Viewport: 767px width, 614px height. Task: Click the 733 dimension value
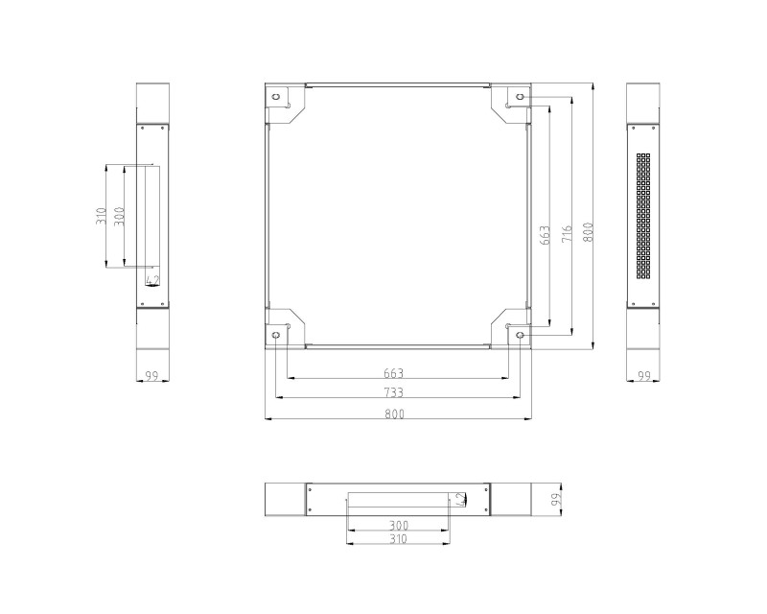[x=394, y=392]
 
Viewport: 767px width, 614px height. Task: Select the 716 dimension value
[x=567, y=234]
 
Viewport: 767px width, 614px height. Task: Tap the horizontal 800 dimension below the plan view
[x=394, y=413]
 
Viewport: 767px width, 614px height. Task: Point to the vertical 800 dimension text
[x=588, y=232]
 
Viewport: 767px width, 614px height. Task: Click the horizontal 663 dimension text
[x=394, y=373]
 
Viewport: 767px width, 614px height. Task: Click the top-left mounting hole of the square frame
[x=276, y=97]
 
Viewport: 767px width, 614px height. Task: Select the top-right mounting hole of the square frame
[x=520, y=97]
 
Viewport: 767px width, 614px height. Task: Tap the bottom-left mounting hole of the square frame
[x=276, y=336]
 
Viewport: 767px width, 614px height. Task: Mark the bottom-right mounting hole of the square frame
[x=520, y=336]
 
